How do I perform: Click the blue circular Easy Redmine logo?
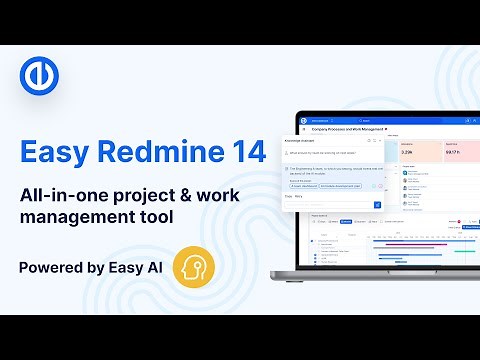pos(39,77)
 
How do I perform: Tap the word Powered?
pos(49,268)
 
